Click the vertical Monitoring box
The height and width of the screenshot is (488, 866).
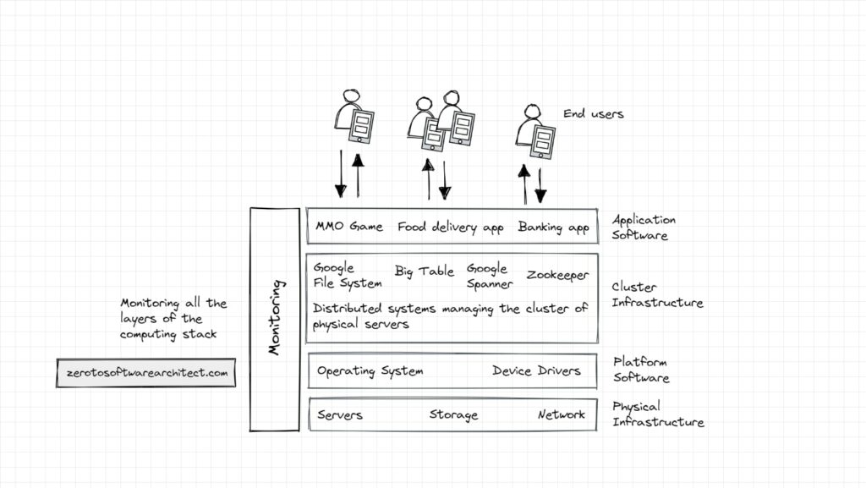[x=275, y=320]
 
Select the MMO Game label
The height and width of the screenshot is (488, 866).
[x=348, y=227]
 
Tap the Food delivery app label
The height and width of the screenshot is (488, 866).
[x=450, y=227]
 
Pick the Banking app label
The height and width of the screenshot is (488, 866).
[x=554, y=227]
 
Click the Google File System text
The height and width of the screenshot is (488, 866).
[x=336, y=276]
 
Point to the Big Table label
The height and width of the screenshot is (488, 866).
[x=425, y=271]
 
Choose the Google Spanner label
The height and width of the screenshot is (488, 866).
[x=489, y=276]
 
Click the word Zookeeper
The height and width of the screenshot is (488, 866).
[x=557, y=275]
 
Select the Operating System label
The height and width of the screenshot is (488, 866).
[x=370, y=370]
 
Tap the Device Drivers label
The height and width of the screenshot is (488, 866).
[x=536, y=370]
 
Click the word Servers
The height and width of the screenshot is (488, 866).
[x=340, y=414]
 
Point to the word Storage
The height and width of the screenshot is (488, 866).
[x=453, y=414]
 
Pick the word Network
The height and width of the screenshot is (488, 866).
[x=561, y=414]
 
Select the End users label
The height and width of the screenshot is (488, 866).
[x=594, y=113]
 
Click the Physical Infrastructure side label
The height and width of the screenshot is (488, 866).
[x=658, y=414]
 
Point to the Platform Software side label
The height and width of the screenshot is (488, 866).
[x=641, y=370]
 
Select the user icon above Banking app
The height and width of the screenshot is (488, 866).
[x=532, y=132]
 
